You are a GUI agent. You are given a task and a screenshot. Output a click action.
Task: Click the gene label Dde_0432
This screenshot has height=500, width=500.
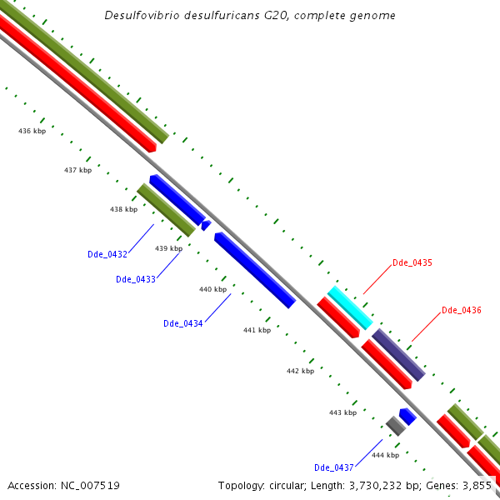107,254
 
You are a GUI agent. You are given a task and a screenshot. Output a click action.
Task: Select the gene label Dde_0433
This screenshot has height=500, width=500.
136,279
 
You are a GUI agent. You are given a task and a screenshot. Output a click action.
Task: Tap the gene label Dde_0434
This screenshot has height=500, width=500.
183,323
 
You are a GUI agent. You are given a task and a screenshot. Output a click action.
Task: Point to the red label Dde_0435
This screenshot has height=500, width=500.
412,262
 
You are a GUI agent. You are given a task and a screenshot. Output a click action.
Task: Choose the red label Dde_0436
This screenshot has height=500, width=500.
462,310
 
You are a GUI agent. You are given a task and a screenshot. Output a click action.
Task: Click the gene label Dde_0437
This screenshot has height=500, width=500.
334,467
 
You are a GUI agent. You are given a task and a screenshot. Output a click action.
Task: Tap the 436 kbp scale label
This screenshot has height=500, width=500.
32,131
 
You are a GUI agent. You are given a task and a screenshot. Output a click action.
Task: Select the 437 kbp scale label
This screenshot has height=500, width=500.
77,170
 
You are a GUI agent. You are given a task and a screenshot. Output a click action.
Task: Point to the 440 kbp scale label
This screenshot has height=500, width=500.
212,289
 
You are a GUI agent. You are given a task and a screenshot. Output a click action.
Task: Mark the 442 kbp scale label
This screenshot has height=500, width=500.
300,371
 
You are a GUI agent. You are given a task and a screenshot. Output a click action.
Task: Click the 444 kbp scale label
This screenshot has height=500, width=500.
385,455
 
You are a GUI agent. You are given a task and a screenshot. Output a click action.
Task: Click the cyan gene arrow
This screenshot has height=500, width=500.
350,307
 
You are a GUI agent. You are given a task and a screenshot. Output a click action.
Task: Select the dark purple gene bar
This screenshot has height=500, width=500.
398,355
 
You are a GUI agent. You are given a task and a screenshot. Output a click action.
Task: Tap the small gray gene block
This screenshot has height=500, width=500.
395,426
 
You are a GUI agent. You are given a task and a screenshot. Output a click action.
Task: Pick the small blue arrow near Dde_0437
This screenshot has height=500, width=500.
407,416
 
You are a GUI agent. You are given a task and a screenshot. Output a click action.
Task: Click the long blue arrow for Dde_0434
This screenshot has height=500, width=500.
255,270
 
